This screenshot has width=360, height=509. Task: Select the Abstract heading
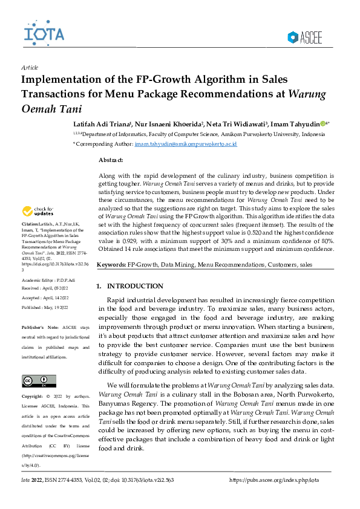[x=110, y=160]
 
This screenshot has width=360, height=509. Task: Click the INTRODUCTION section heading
[x=134, y=286]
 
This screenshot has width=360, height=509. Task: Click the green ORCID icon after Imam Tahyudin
[x=323, y=124]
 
